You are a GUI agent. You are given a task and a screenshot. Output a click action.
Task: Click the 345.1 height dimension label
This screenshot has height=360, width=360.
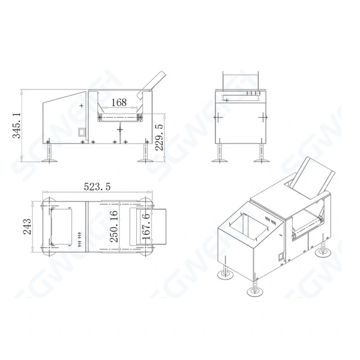point(16,125)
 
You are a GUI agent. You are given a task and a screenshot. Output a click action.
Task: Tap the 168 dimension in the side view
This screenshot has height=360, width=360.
point(119,103)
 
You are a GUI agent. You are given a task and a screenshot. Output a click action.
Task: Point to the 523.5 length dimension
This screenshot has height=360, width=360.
point(97,187)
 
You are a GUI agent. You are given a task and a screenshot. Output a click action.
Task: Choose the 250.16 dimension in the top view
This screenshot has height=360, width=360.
point(113,227)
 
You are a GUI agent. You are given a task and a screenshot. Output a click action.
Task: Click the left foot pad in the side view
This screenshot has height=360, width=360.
point(49,161)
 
